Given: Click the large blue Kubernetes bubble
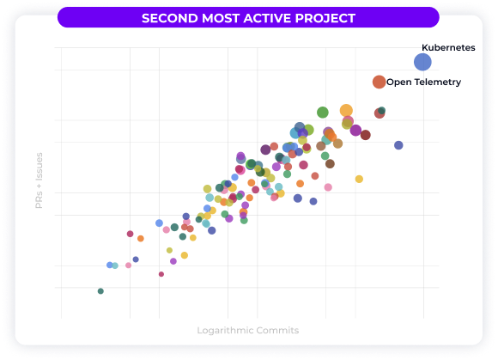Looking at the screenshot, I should pyautogui.click(x=422, y=62).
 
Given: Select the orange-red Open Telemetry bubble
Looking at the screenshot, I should pyautogui.click(x=379, y=82).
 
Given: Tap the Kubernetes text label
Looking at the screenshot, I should pyautogui.click(x=447, y=48).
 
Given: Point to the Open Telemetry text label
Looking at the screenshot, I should pyautogui.click(x=423, y=82).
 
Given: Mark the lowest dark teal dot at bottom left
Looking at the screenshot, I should pyautogui.click(x=100, y=291).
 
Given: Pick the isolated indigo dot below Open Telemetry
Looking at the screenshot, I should pyautogui.click(x=398, y=145).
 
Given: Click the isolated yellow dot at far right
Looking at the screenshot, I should pyautogui.click(x=359, y=179).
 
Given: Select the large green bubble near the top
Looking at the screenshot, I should pyautogui.click(x=323, y=113).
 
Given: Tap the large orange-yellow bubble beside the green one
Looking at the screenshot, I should pyautogui.click(x=346, y=110).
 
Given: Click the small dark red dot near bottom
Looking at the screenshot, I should pyautogui.click(x=161, y=274).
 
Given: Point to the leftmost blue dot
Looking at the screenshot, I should pyautogui.click(x=109, y=265).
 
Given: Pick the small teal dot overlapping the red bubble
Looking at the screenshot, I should pyautogui.click(x=381, y=110).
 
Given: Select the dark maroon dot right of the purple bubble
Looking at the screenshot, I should pyautogui.click(x=366, y=135).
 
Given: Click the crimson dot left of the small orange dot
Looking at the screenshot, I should pyautogui.click(x=130, y=234).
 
